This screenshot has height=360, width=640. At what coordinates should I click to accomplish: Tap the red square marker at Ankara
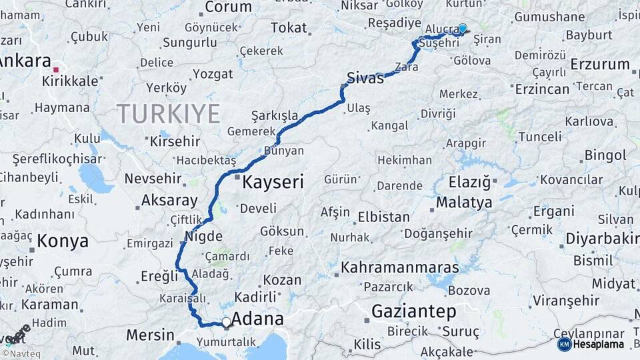coord(57,69)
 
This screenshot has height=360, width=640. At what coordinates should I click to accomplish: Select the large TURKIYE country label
coord(169,114)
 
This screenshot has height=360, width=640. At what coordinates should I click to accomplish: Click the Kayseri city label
coord(273,181)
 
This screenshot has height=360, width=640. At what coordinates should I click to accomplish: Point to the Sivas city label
coord(365,77)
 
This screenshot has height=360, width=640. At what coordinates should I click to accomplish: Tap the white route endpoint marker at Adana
coord(227,323)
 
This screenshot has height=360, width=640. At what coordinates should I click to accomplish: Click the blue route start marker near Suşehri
coord(462,28)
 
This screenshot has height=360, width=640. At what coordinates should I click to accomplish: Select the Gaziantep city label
coord(413,311)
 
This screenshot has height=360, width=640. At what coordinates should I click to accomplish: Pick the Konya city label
coord(63,241)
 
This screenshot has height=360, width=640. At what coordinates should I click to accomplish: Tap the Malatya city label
coord(464,202)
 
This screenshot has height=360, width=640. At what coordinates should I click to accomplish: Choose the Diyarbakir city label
coord(602,238)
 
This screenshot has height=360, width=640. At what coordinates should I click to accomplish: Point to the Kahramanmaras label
coord(400,267)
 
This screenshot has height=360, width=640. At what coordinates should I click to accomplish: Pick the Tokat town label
coord(289,28)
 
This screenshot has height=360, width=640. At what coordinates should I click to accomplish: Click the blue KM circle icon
coord(564,344)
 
